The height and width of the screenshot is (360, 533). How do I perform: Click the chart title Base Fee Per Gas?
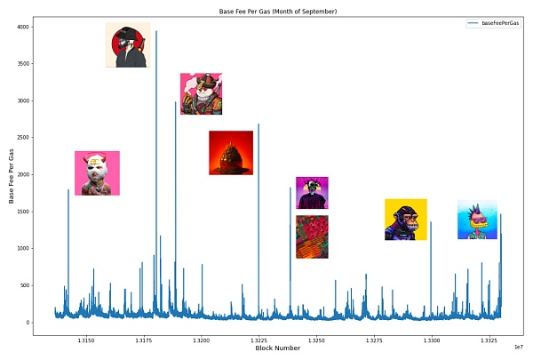point(277,12)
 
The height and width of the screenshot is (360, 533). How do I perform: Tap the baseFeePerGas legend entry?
point(501,22)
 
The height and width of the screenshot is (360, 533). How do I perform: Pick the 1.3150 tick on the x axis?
point(86,340)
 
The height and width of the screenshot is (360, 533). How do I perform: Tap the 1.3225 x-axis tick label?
point(259,340)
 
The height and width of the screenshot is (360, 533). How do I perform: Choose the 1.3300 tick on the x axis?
point(432,340)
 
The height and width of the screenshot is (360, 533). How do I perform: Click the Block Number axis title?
point(277,348)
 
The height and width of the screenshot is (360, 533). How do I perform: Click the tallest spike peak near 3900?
point(156,32)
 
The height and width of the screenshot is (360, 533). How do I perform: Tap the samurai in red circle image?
point(128,45)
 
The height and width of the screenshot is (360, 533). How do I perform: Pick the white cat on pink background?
point(201,93)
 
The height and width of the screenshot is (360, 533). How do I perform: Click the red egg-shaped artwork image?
point(231,153)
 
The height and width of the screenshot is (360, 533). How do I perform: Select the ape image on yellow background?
point(406,220)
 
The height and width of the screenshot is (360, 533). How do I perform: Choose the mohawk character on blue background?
point(477,220)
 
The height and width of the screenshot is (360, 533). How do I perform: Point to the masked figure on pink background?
point(97,173)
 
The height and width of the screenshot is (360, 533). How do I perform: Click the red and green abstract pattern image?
point(312,236)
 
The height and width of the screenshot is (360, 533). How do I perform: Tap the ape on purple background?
point(312,193)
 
